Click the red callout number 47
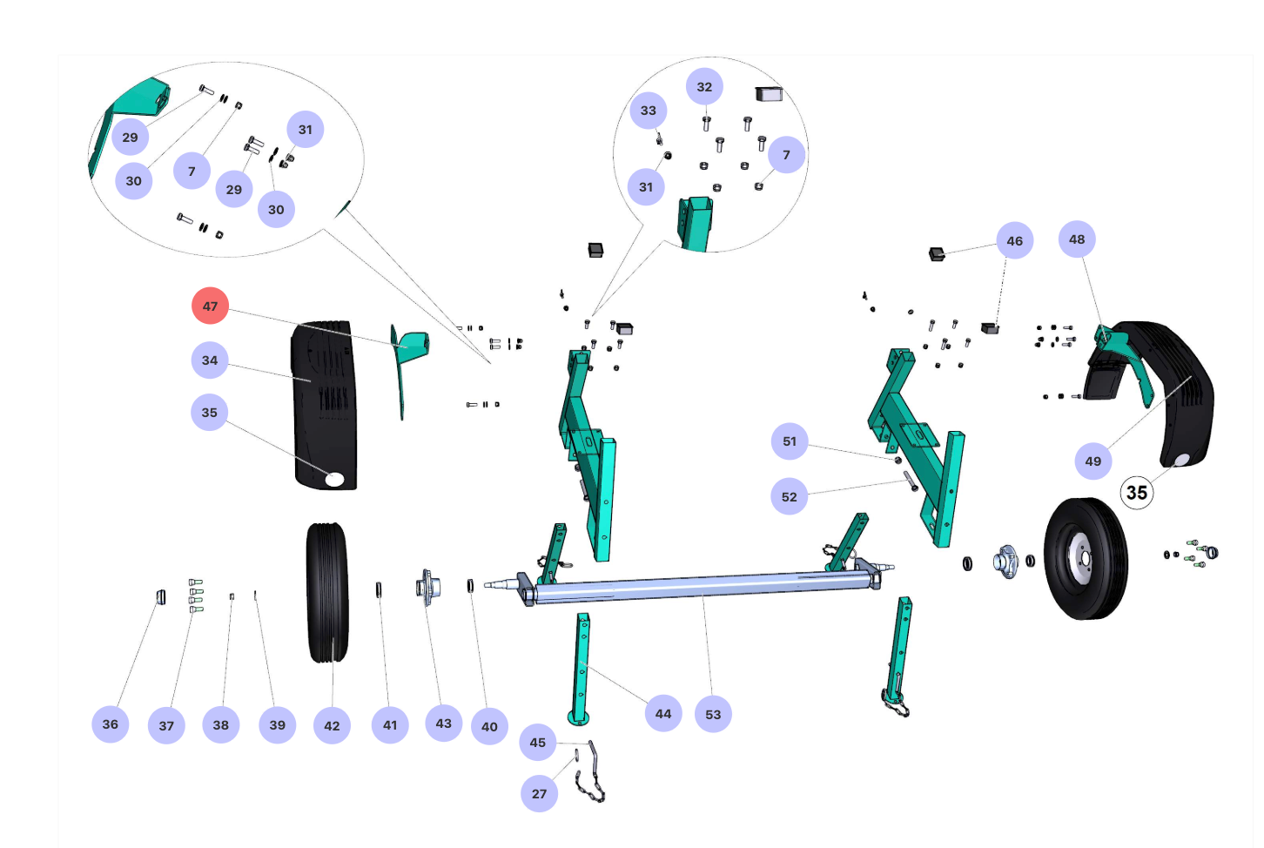(210, 306)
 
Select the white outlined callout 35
(1136, 493)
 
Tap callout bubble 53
(713, 714)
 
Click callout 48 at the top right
(1077, 239)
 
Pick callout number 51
(790, 441)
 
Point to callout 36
(111, 724)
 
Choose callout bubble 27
(540, 794)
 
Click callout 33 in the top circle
(649, 111)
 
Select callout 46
(1015, 241)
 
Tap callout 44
(663, 714)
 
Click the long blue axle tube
(696, 588)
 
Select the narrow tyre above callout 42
(327, 592)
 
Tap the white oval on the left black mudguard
(335, 478)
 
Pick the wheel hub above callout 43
(427, 587)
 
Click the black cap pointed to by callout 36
(160, 596)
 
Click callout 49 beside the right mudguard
(1093, 461)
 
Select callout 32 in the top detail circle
(704, 87)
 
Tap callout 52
(790, 497)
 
